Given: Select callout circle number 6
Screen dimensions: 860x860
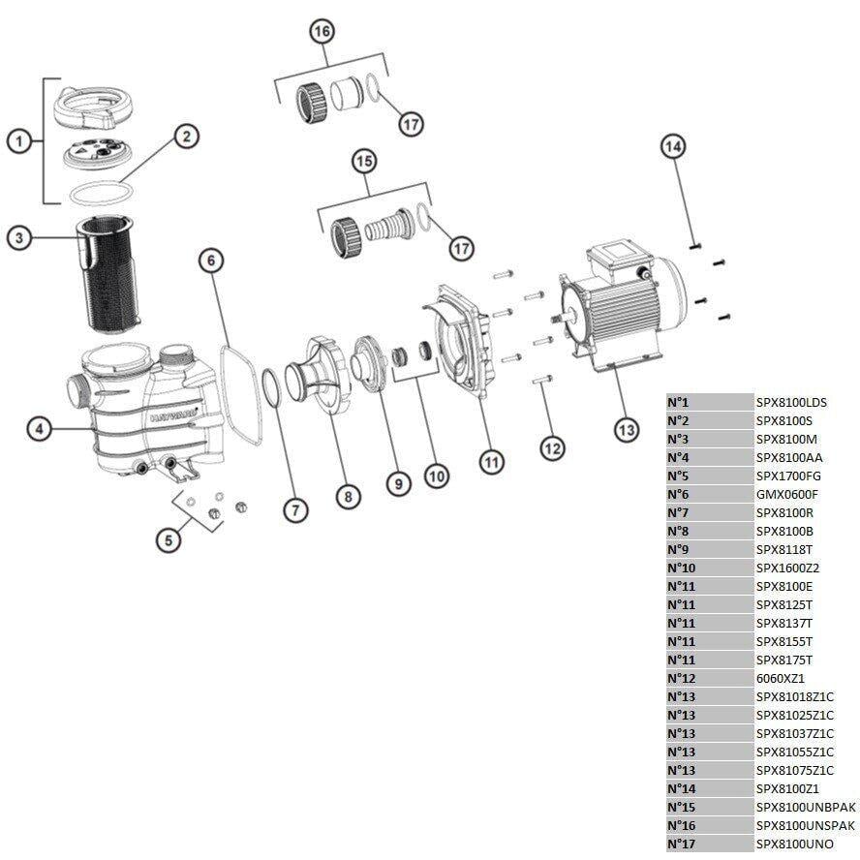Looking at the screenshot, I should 212,260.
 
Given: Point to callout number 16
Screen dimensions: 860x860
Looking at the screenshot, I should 322,32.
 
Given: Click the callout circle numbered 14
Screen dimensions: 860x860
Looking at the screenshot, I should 672,146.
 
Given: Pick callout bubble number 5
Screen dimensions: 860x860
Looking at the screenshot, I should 169,540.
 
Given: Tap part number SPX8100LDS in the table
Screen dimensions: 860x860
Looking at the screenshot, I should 791,403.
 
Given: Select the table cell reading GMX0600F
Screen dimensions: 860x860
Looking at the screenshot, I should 787,495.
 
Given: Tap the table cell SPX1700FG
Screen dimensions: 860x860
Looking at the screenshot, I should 787,476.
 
